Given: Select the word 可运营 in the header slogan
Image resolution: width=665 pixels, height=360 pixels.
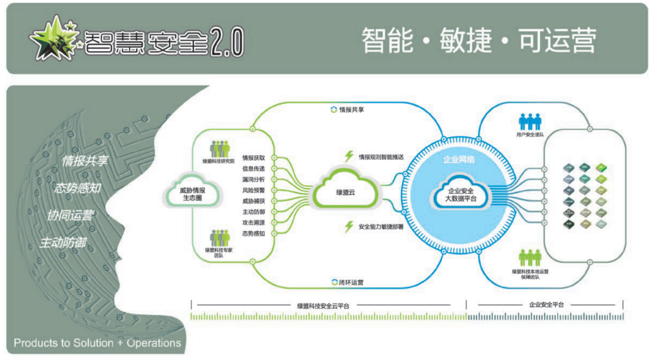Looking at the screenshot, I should [x=557, y=40].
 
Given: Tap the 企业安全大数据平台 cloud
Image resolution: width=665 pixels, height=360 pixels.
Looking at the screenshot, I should [x=460, y=194].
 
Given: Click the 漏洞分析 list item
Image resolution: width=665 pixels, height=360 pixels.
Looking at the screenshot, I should [x=253, y=179].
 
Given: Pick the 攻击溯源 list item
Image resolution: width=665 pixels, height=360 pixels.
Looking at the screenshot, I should [x=253, y=223].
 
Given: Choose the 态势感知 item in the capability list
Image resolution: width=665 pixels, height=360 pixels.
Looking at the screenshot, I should [x=253, y=233].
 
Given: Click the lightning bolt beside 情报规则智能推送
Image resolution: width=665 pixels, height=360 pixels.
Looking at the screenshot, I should [x=349, y=156].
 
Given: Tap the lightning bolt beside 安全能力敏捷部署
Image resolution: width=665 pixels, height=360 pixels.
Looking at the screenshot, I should [x=349, y=227].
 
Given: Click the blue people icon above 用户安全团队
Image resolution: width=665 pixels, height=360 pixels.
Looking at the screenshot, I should [x=530, y=121].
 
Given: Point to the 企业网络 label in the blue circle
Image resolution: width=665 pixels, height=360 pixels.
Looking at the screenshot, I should [x=459, y=159].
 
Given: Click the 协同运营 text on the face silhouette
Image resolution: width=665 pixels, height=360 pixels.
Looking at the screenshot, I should [x=70, y=216].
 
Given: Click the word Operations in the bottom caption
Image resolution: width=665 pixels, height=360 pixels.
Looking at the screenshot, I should [x=153, y=343].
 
